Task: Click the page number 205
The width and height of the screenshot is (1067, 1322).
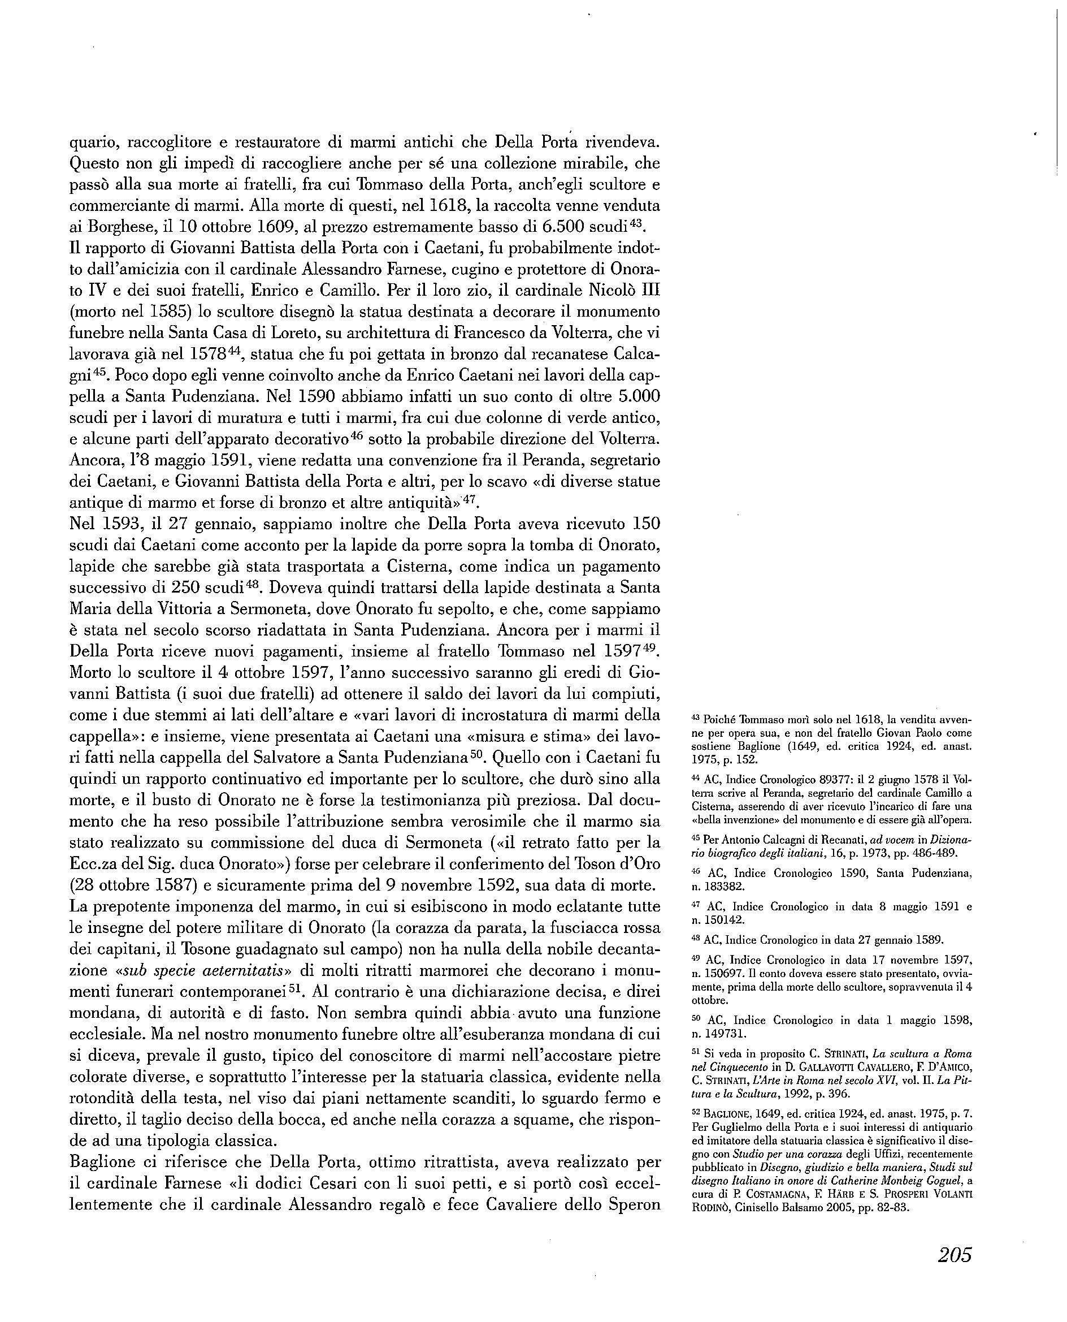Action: point(955,1254)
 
